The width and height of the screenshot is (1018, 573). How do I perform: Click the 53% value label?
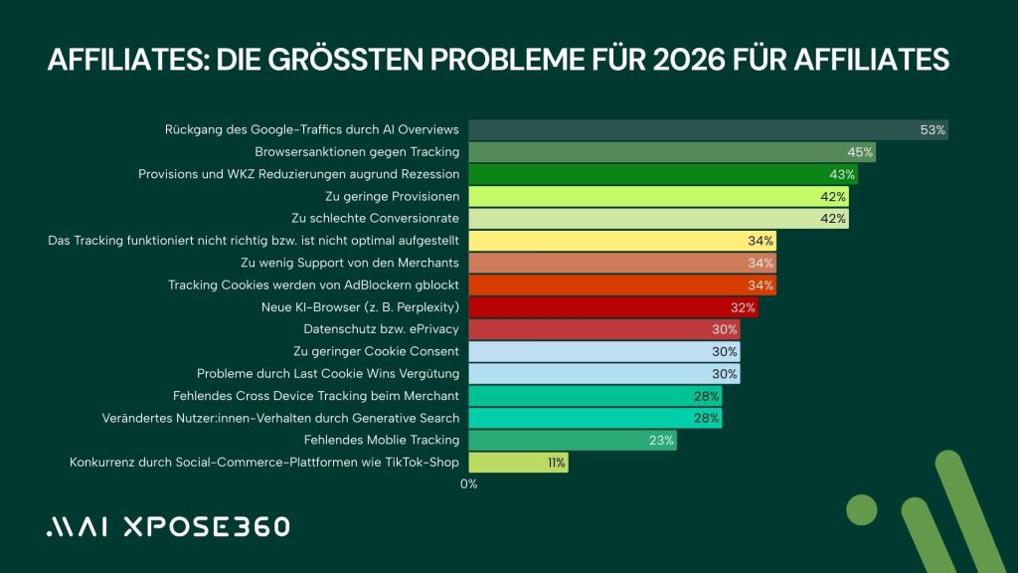(x=933, y=130)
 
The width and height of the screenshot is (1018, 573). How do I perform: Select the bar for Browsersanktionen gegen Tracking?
(x=671, y=152)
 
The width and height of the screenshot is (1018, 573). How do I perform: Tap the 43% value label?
(x=842, y=174)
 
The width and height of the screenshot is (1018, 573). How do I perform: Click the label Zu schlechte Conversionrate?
(x=375, y=218)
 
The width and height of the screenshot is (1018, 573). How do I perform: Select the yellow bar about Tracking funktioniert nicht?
(x=621, y=241)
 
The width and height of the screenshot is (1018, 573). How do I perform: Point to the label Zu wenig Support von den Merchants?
(x=349, y=263)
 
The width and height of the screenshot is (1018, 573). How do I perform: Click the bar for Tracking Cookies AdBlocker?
(x=621, y=286)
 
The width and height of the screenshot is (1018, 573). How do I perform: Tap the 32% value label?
(x=742, y=307)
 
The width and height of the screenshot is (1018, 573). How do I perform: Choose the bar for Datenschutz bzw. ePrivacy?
(x=603, y=329)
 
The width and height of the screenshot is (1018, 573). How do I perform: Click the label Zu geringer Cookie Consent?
(x=376, y=351)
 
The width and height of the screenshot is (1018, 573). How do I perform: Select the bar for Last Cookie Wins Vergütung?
(x=603, y=374)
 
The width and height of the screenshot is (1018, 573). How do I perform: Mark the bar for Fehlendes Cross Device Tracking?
(x=594, y=396)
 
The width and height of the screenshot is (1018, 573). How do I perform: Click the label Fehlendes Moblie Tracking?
(x=381, y=440)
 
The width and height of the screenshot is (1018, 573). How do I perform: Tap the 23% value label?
(x=662, y=440)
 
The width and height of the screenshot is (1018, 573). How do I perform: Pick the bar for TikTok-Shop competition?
(x=518, y=462)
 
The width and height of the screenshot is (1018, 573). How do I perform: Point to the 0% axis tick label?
(x=468, y=483)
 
